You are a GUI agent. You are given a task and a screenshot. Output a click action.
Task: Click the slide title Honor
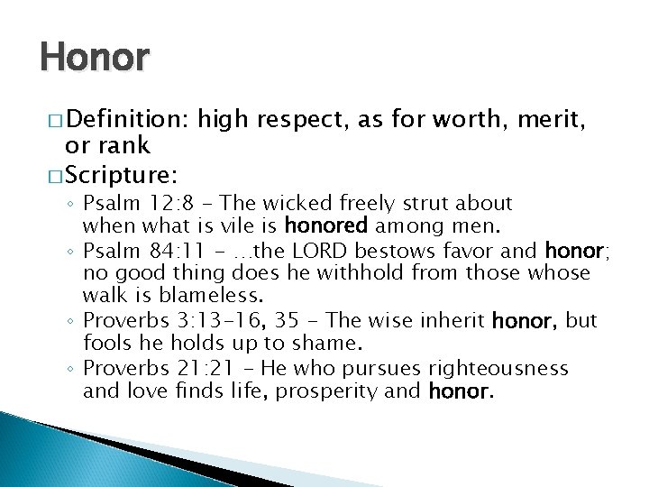[x=95, y=58]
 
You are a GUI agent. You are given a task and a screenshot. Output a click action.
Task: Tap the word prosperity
[x=343, y=391]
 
